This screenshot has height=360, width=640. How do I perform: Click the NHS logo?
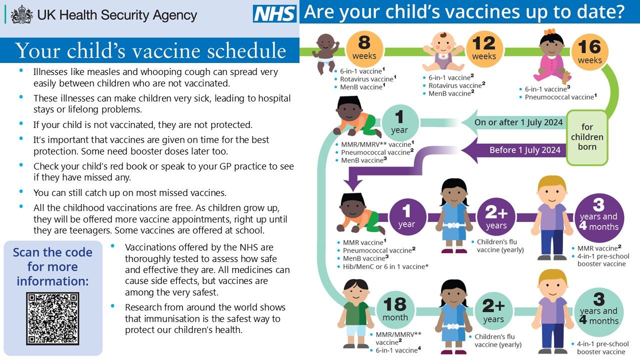pos(274,13)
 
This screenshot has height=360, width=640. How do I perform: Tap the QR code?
pos(52,318)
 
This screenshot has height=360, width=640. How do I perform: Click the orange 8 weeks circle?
pos(364,49)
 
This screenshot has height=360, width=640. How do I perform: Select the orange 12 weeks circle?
pos(484,49)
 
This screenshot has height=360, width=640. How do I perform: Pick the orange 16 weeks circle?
pos(589,52)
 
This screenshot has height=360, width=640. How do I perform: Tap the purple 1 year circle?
pos(407,217)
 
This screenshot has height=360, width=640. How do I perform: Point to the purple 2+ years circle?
pos(496,217)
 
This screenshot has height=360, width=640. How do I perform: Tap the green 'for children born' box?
pos(587,137)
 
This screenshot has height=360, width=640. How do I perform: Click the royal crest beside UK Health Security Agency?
pos(21,14)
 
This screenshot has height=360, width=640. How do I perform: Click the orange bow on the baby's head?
pos(549,31)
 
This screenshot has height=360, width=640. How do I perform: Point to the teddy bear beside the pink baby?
pos(565,77)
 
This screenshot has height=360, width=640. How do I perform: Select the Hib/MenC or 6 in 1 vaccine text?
pos(385,266)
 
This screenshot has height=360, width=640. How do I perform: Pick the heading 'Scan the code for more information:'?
pos(52,266)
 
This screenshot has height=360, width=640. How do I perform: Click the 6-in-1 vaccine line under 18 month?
pos(398,350)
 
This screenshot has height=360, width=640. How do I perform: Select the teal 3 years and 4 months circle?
pos(599,312)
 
